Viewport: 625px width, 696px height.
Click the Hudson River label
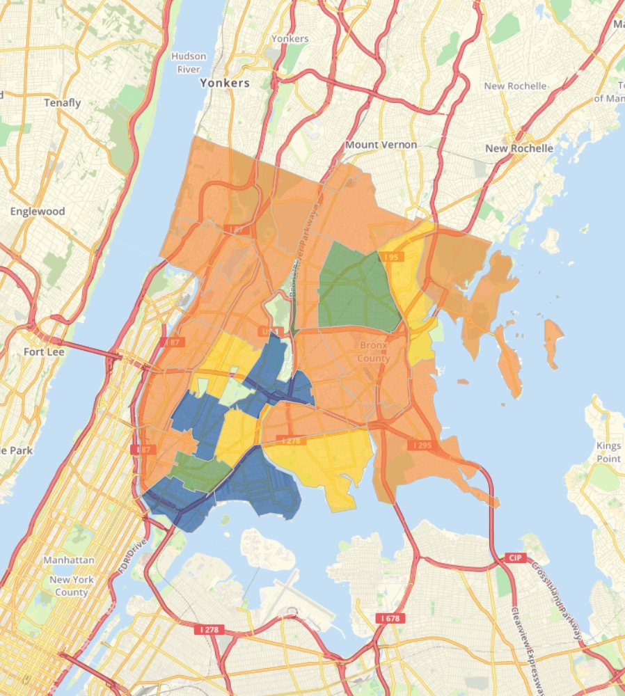(185, 63)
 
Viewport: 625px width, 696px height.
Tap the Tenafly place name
(63, 103)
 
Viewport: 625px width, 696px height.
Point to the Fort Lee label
(43, 351)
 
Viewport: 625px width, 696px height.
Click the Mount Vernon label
(381, 145)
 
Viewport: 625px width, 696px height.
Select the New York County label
(70, 586)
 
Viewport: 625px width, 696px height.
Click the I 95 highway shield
(392, 258)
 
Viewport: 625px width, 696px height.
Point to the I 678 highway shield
(390, 617)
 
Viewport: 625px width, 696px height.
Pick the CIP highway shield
(516, 557)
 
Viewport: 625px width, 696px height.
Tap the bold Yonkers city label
(224, 83)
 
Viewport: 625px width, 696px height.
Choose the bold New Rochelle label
(519, 148)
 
